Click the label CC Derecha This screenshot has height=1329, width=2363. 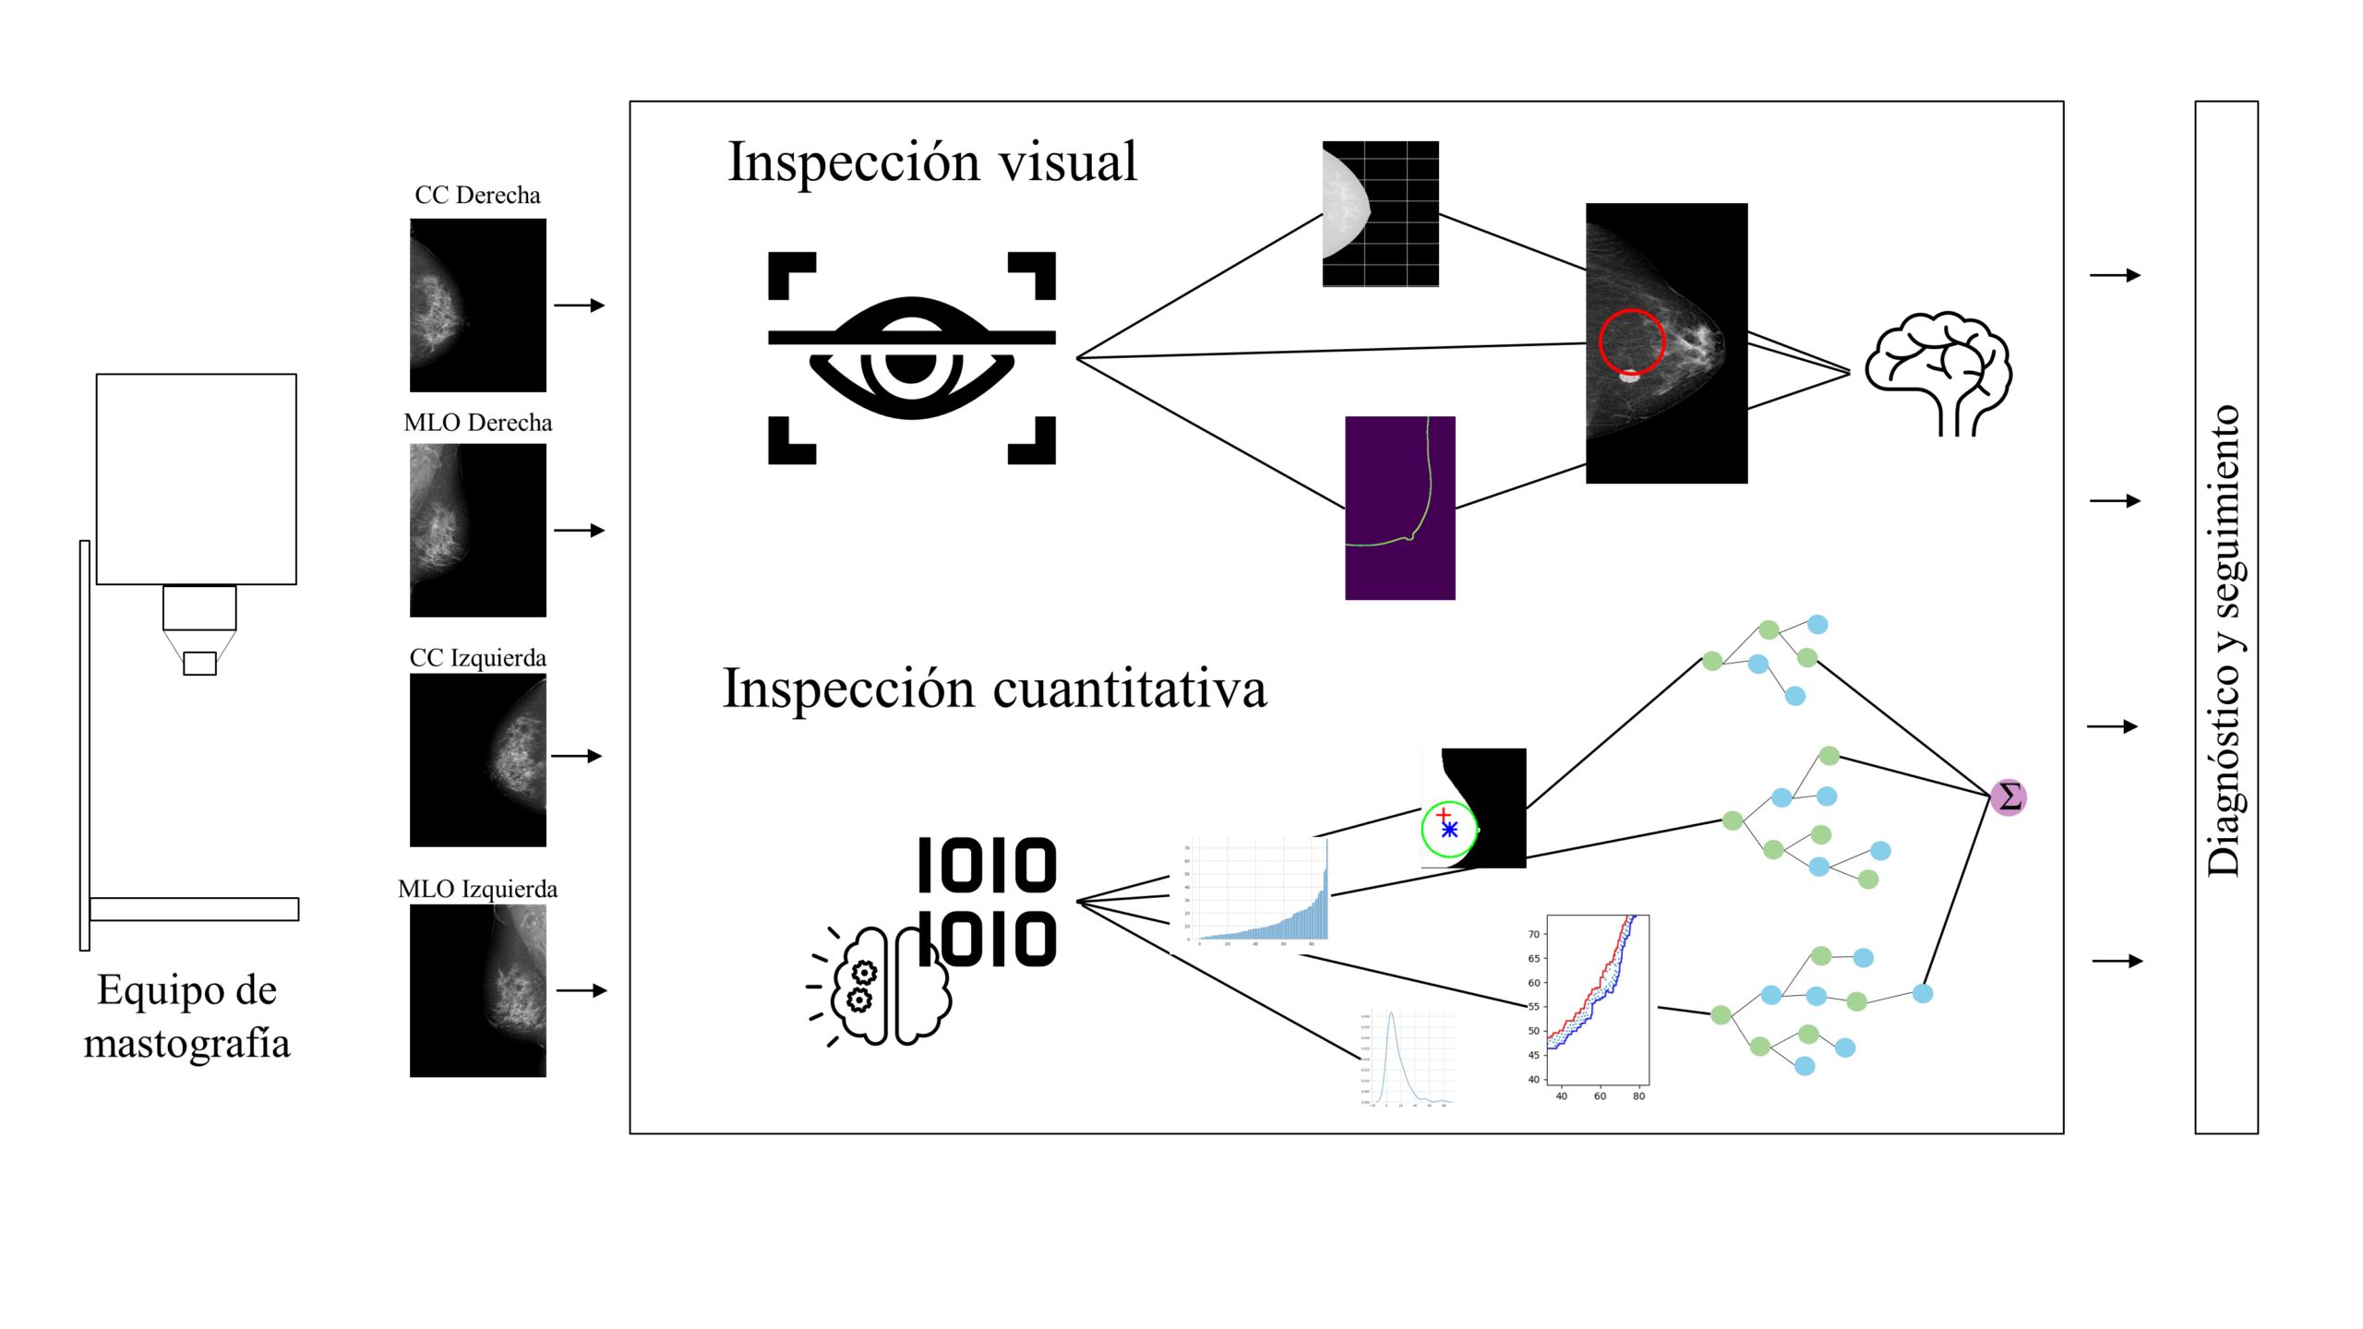click(477, 196)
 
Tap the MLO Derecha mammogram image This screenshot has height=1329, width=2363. click(477, 530)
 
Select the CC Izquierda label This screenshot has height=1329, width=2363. click(477, 658)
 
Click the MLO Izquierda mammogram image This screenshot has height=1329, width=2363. click(477, 990)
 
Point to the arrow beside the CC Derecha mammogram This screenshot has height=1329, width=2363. click(579, 305)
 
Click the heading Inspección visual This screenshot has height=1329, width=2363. click(931, 162)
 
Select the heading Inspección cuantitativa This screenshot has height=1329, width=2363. click(994, 688)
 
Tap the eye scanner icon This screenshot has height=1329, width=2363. click(911, 357)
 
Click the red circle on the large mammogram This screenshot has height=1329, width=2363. click(1631, 341)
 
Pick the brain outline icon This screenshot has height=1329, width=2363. click(1938, 372)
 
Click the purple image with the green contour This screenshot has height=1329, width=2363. click(1399, 508)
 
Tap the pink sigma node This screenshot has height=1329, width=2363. click(2008, 797)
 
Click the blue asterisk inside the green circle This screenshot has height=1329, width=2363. click(1449, 830)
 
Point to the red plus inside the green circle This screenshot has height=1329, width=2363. click(1444, 814)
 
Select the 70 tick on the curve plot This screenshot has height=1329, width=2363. click(1533, 934)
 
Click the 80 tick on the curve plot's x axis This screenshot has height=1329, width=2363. click(1638, 1096)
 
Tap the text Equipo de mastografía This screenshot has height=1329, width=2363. click(187, 1016)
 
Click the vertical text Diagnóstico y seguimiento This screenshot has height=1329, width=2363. click(2225, 641)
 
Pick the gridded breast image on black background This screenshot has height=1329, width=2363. click(1380, 214)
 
